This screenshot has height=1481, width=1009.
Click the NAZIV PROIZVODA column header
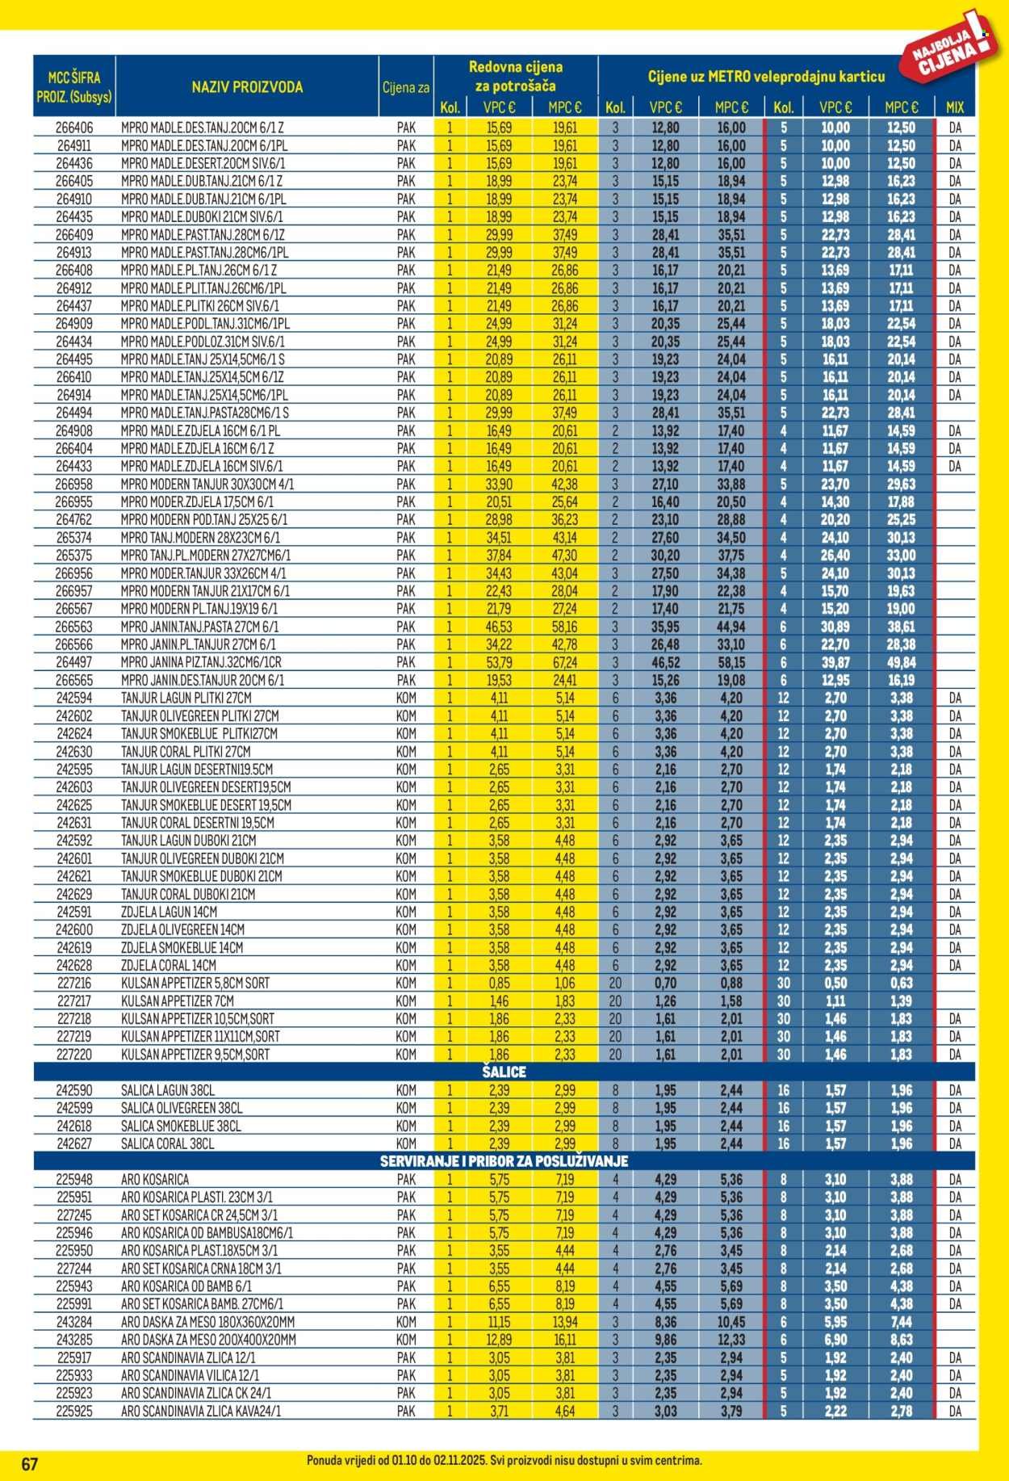click(x=247, y=87)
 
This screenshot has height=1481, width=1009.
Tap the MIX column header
click(x=954, y=107)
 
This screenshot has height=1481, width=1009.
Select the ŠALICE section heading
click(x=504, y=1072)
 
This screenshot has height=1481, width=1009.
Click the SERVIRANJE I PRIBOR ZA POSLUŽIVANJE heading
click(x=504, y=1161)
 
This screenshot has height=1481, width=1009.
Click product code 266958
click(x=74, y=484)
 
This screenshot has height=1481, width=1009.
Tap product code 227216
click(x=74, y=983)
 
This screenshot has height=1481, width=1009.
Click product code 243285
click(x=74, y=1340)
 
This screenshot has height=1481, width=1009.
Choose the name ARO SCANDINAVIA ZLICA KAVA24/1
click(x=201, y=1411)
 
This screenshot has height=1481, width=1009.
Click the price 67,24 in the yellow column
click(x=565, y=662)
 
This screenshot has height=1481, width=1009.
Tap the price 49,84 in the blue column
click(x=902, y=662)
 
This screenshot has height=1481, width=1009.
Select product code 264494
click(x=74, y=413)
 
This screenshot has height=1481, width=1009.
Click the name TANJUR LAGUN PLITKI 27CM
click(x=186, y=698)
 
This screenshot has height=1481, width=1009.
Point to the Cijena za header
click(x=406, y=87)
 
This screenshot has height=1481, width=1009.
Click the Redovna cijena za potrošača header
click(x=516, y=76)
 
